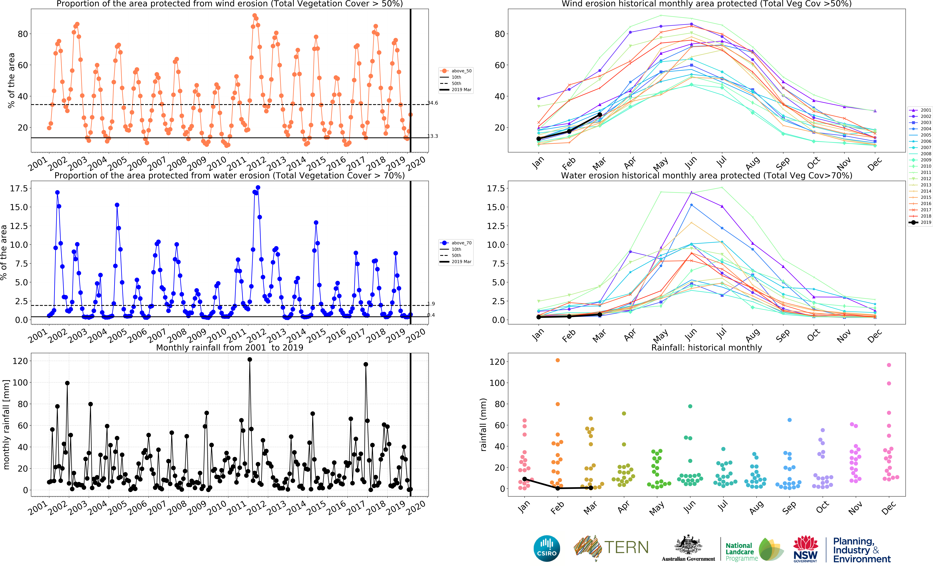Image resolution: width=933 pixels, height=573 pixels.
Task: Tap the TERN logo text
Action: pyautogui.click(x=626, y=548)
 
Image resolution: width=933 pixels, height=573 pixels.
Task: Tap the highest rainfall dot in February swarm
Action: pyautogui.click(x=558, y=360)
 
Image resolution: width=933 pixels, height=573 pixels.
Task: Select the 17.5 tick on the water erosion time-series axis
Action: pyautogui.click(x=19, y=188)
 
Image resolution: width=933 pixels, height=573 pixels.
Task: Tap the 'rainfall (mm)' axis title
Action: pyautogui.click(x=483, y=424)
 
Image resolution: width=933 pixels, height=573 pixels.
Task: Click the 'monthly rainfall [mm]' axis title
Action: pyautogui.click(x=6, y=424)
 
